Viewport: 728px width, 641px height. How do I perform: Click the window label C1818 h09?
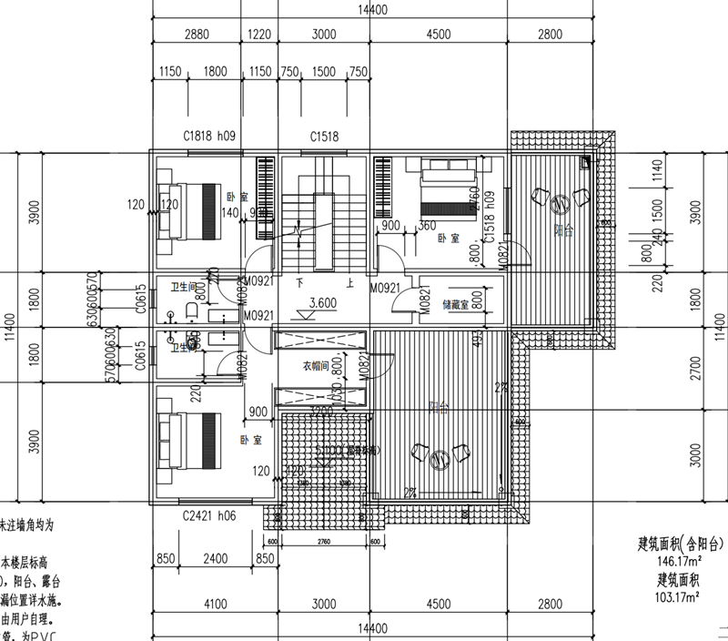point(209,137)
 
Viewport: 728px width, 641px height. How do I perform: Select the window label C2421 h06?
point(209,514)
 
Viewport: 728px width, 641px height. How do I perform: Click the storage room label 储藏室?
point(455,305)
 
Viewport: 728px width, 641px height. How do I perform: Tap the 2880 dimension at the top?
point(197,35)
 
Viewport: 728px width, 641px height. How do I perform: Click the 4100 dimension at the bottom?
point(215,603)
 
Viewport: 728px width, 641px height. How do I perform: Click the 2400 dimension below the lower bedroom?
point(215,559)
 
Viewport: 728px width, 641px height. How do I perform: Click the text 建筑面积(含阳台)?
point(681,545)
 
